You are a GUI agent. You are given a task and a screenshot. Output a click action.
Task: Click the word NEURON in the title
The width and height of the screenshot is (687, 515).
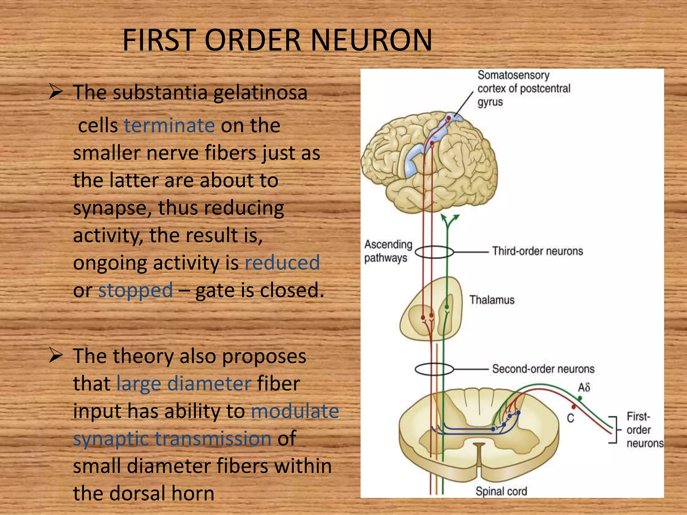click(x=372, y=40)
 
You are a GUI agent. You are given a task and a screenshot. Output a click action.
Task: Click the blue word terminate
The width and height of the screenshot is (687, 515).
click(x=169, y=125)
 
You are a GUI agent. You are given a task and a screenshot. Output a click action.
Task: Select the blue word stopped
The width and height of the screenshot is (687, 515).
click(x=136, y=290)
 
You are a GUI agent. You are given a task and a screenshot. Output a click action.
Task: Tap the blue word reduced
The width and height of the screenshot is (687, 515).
click(x=282, y=263)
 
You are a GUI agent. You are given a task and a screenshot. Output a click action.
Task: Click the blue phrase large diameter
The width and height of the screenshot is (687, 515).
click(x=184, y=384)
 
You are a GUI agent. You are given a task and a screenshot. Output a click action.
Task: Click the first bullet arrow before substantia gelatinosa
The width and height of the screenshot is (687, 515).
click(x=56, y=92)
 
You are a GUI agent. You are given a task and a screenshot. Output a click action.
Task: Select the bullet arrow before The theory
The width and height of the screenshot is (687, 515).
click(x=56, y=355)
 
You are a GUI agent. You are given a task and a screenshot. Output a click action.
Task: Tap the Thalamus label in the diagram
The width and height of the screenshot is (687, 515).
click(x=491, y=300)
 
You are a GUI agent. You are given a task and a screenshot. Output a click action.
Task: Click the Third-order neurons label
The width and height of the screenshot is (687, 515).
click(x=537, y=251)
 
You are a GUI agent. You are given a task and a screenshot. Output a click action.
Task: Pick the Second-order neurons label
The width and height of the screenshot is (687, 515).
click(x=543, y=369)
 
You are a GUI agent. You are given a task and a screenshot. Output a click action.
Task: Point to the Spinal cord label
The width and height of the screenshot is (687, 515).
click(x=501, y=491)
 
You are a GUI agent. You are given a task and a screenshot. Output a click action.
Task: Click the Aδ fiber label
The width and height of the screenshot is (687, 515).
click(x=584, y=388)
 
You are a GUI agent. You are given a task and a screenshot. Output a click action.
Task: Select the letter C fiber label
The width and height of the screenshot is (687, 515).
click(x=570, y=418)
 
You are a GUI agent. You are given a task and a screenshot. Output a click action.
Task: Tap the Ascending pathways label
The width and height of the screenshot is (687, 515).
click(x=388, y=251)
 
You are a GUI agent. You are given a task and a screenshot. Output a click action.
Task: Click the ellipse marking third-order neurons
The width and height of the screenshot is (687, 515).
click(x=434, y=252)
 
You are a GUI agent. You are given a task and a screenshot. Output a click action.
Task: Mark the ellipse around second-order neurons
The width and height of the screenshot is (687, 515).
click(x=434, y=369)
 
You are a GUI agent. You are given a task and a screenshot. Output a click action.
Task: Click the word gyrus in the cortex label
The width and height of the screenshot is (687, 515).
click(x=490, y=102)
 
